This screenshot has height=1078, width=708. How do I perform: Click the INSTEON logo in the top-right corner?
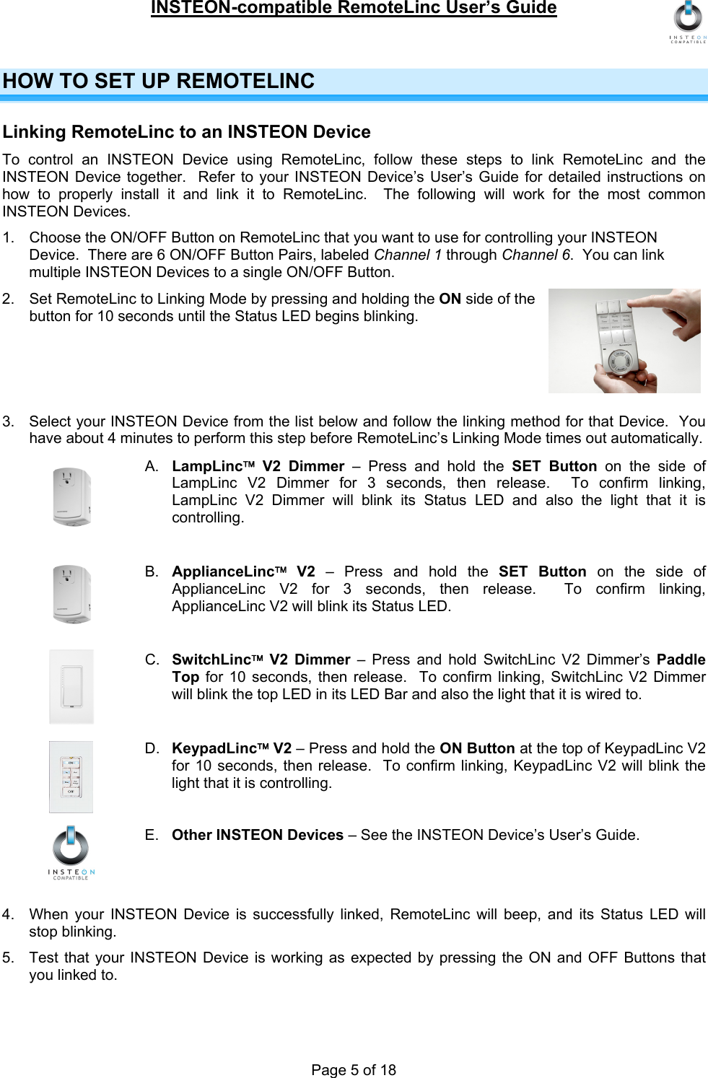click(x=688, y=22)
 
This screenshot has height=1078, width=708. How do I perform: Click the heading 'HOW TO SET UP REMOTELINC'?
click(x=159, y=81)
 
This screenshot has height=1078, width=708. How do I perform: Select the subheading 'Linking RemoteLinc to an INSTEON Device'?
click(x=186, y=132)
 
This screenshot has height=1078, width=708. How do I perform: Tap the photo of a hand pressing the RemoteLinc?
click(x=624, y=341)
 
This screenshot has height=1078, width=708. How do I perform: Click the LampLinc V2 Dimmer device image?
click(x=71, y=496)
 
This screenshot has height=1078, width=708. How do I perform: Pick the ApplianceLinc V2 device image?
click(x=71, y=594)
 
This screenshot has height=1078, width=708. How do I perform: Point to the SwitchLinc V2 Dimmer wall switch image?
click(x=71, y=686)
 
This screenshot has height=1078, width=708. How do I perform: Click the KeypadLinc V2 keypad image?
click(x=71, y=776)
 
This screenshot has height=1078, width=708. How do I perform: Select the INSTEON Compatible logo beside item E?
click(x=71, y=852)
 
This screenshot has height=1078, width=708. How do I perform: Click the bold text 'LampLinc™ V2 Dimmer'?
click(x=258, y=466)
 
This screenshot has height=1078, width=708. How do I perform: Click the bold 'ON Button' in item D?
click(x=477, y=748)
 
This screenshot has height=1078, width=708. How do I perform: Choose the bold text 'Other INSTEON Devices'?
click(x=257, y=835)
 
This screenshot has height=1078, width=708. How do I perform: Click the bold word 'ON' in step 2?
click(x=450, y=299)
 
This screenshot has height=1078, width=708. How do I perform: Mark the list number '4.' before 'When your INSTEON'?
click(x=8, y=914)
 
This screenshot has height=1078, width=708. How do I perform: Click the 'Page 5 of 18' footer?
click(x=354, y=1069)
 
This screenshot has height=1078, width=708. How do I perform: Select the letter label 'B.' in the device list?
click(x=152, y=571)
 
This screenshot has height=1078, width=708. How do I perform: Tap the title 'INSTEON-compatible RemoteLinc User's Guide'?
click(x=354, y=8)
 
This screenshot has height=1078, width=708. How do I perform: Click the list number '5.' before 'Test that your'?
click(x=8, y=958)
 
